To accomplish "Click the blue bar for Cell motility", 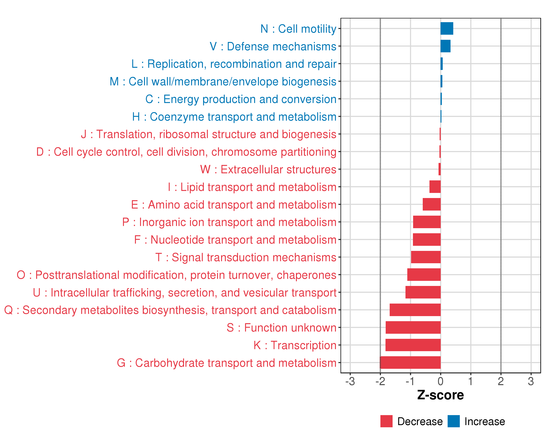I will [x=447, y=28].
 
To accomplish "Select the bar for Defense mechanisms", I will [x=445, y=46].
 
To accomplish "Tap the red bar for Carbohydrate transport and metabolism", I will [x=410, y=362].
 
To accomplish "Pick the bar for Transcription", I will [x=413, y=345].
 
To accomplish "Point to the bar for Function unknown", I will [x=413, y=327].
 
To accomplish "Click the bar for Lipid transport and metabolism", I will [x=435, y=187].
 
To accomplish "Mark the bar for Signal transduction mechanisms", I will [x=426, y=257].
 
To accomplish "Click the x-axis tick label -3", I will [x=350, y=381].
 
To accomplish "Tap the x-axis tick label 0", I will [x=441, y=381].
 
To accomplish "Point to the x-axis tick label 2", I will [x=501, y=381].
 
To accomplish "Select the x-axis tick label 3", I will [x=531, y=381].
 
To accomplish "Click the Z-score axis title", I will [x=440, y=395].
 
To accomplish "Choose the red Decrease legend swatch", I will [x=386, y=421].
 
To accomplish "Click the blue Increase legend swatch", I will [x=453, y=421].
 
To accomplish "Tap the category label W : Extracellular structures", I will [x=268, y=169].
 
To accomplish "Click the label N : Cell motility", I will [x=298, y=29].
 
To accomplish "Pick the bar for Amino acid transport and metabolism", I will [x=431, y=204].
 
